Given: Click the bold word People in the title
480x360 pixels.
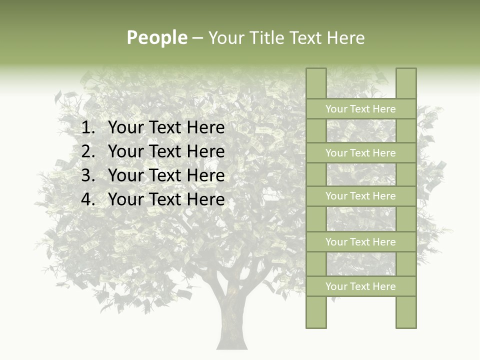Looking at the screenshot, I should pos(156,37).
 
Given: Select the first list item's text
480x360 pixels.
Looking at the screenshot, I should pos(166,128).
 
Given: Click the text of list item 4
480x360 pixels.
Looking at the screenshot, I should pos(166,199).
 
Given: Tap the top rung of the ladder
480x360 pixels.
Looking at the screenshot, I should pos(360,109).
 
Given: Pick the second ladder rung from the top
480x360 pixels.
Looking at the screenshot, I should pos(360,153).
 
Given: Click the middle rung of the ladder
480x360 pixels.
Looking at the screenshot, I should pos(360,196).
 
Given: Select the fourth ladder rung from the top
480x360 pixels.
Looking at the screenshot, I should pos(360,242).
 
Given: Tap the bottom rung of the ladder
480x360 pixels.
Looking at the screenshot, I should pos(360,286).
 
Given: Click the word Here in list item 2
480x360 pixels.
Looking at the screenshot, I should pos(205,151).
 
